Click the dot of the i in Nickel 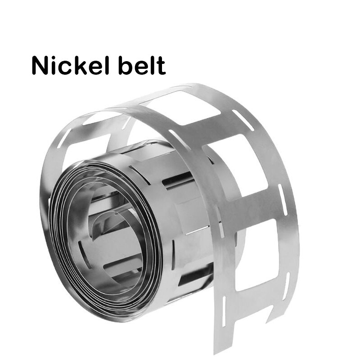(56, 58)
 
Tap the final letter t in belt (161, 66)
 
